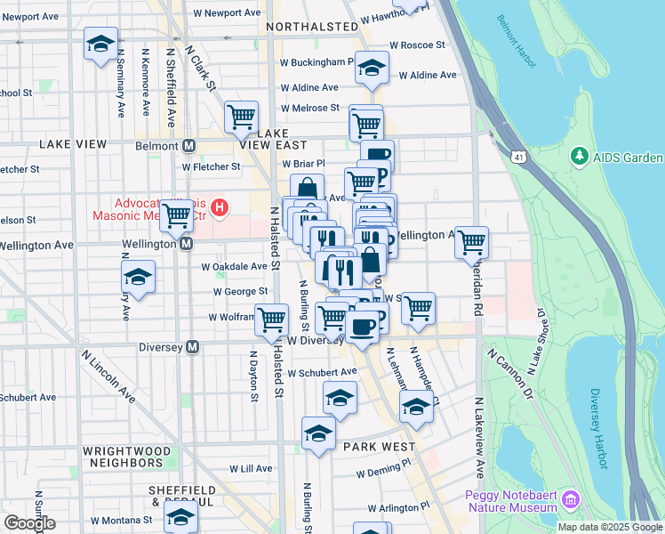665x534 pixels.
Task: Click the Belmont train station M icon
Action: point(188,146)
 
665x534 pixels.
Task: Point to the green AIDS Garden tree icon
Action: point(580,158)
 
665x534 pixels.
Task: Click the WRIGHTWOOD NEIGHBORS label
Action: point(127,457)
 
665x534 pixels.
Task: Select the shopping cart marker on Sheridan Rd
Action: point(471,240)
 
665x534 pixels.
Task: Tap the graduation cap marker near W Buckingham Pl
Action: point(372,68)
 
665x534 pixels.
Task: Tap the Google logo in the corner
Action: point(29,523)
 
